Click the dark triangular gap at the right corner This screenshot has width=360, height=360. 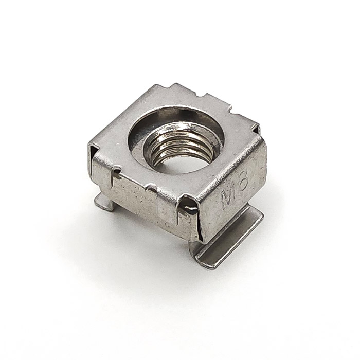pyautogui.click(x=256, y=130)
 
